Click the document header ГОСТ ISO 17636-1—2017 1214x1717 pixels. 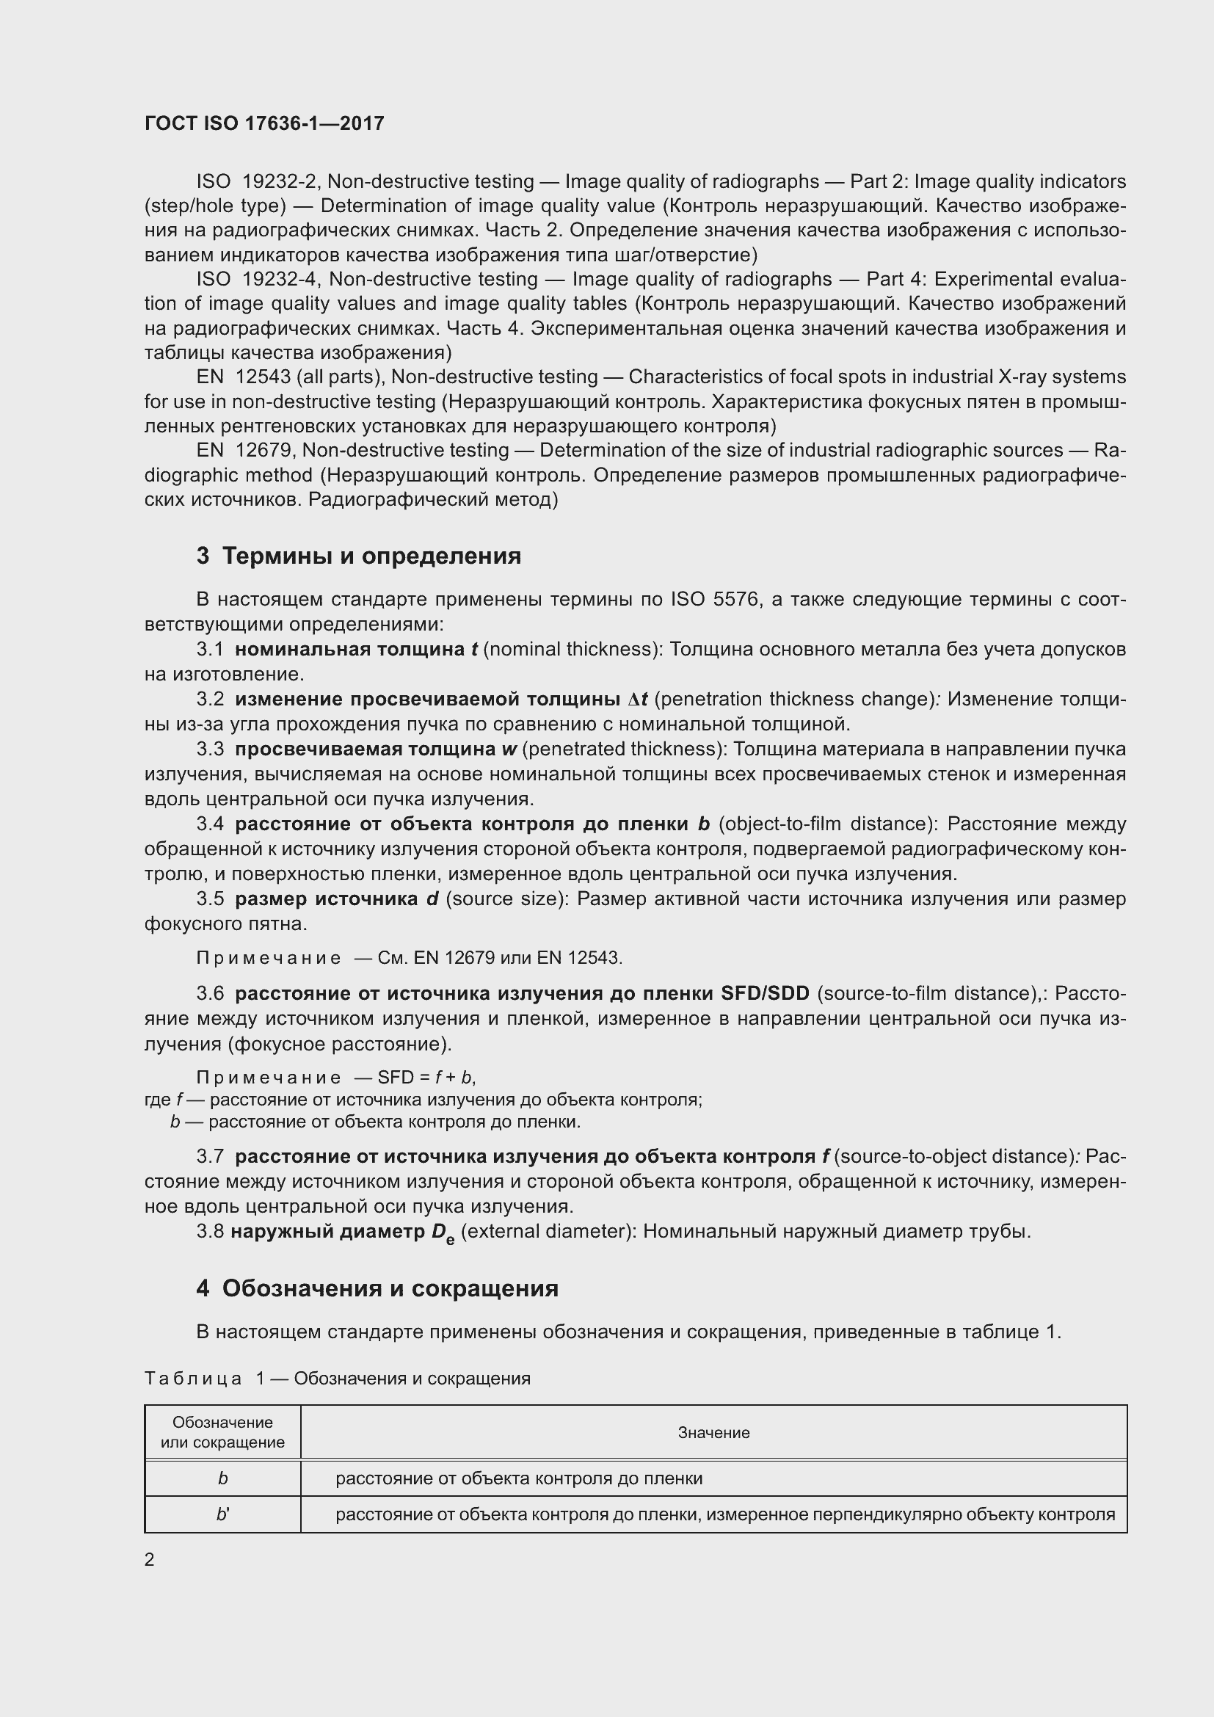click(x=264, y=123)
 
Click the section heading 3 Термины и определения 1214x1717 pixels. click(x=359, y=556)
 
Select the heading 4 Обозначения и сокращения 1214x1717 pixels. click(x=377, y=1288)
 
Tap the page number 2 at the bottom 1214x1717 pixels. click(x=150, y=1559)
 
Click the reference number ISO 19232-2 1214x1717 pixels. click(x=258, y=182)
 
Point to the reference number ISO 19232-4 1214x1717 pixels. click(x=258, y=280)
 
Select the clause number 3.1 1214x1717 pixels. click(x=210, y=649)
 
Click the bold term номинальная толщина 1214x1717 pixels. click(x=350, y=649)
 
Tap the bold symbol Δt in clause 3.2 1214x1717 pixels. click(x=637, y=700)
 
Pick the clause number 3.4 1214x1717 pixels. click(x=210, y=824)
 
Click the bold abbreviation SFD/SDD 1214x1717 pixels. click(x=765, y=994)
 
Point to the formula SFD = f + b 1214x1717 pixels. click(x=426, y=1078)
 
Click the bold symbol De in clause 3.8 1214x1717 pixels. click(x=443, y=1233)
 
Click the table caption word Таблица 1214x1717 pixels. click(x=193, y=1379)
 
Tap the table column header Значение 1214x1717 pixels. click(x=713, y=1433)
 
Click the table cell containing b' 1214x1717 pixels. click(x=223, y=1514)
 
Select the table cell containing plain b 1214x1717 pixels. click(x=223, y=1478)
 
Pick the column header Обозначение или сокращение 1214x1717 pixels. click(x=223, y=1432)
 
